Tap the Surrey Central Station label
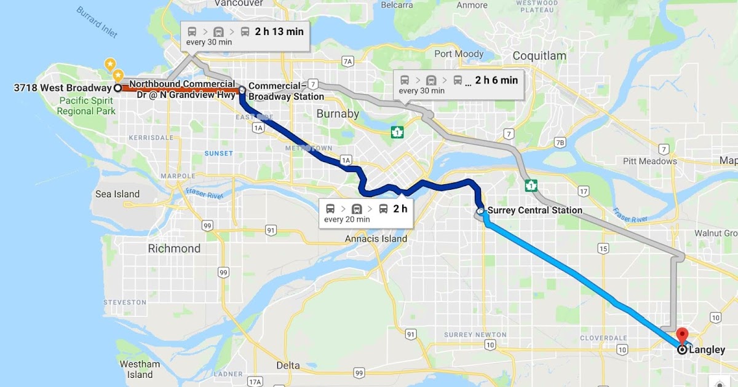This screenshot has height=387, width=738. point(534,210)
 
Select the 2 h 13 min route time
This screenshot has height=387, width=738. point(279,31)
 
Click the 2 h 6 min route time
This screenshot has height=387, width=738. point(496,80)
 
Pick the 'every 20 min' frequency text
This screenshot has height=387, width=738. point(347,219)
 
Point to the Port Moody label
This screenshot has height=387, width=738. point(459,54)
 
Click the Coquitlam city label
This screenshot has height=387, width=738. point(539,56)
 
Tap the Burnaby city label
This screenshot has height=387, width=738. point(337,114)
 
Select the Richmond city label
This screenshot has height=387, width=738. point(174,249)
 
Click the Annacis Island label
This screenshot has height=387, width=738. point(376,238)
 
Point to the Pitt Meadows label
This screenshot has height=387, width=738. point(666,162)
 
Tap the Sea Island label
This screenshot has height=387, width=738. point(117,194)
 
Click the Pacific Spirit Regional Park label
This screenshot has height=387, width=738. point(86,105)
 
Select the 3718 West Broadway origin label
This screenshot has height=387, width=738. point(62,88)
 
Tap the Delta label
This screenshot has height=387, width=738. point(288,365)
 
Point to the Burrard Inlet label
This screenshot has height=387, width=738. point(97,23)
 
